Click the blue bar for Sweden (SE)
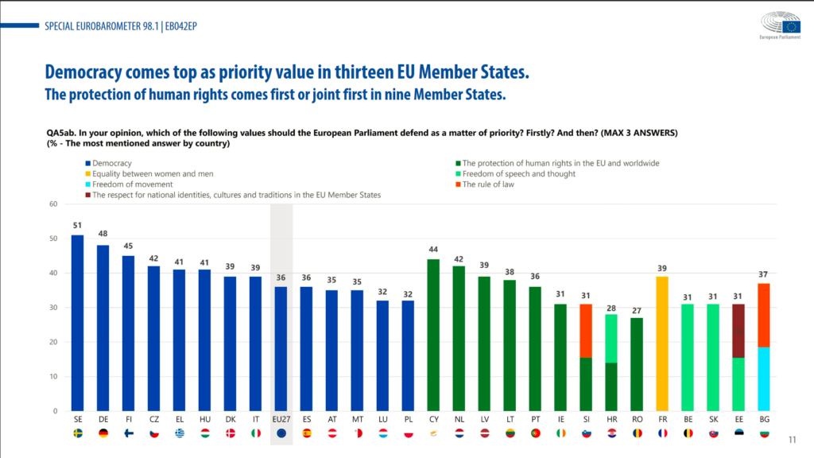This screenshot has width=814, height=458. (77, 323)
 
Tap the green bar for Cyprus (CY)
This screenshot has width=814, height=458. (433, 335)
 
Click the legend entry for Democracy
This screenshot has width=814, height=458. (112, 163)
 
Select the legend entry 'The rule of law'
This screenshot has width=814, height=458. (488, 184)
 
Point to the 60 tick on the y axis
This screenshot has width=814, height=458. (53, 204)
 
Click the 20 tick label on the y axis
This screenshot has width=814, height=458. (53, 342)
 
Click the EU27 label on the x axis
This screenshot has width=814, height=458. (281, 417)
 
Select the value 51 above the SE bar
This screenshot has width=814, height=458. (77, 226)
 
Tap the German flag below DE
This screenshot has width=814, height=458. (103, 433)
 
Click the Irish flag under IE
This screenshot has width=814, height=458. (560, 433)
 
